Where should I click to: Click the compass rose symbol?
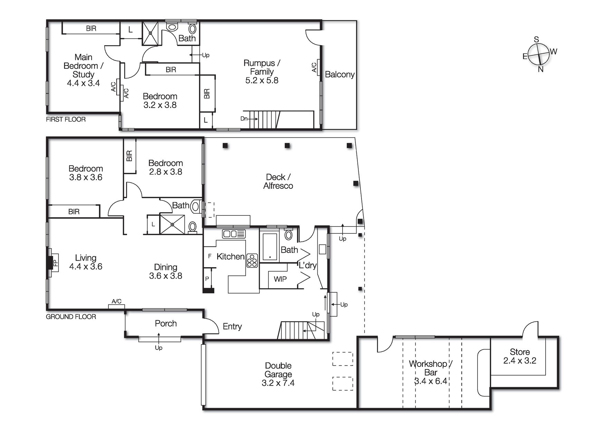click(x=538, y=54)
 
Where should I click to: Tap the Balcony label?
click(x=339, y=75)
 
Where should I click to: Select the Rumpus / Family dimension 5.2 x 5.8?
click(x=261, y=80)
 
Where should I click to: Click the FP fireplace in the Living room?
click(x=55, y=263)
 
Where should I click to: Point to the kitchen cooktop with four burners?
click(x=252, y=261)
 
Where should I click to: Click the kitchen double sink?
click(x=234, y=234)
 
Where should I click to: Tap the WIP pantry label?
click(x=280, y=279)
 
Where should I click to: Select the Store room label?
click(x=520, y=352)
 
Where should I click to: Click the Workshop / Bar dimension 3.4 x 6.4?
click(x=431, y=381)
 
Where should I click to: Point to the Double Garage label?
click(x=278, y=370)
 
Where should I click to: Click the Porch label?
click(x=166, y=323)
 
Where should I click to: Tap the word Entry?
click(x=232, y=327)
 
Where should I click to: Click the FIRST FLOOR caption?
click(x=66, y=119)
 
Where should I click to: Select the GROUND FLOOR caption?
click(x=71, y=317)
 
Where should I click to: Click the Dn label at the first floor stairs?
click(x=244, y=119)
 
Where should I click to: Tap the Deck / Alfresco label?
click(x=278, y=181)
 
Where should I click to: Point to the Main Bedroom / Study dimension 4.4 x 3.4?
click(x=83, y=83)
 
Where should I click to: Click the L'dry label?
click(x=307, y=265)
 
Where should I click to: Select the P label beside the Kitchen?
click(x=207, y=279)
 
